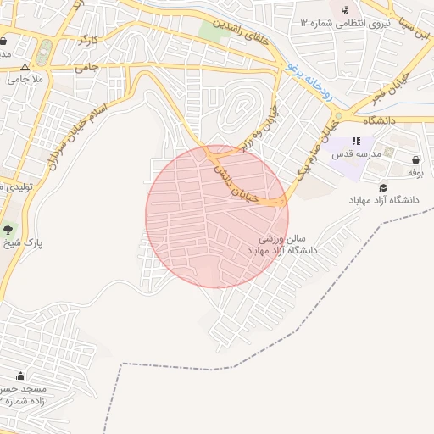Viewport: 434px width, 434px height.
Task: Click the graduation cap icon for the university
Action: coord(383,187)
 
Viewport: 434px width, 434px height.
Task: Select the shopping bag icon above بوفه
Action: coord(415,159)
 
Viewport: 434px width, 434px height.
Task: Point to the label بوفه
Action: coord(415,172)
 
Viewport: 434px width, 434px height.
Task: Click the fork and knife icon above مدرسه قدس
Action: coord(356,141)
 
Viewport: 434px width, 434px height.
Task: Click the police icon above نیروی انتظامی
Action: coord(345,10)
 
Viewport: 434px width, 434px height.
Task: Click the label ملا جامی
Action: coord(25,79)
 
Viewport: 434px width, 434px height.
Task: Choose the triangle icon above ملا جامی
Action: coord(25,66)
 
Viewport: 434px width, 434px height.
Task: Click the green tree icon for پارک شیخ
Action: coord(8,229)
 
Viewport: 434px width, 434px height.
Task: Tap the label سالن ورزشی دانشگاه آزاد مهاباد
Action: coord(282,245)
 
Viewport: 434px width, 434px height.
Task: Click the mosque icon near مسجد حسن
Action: coord(20,375)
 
